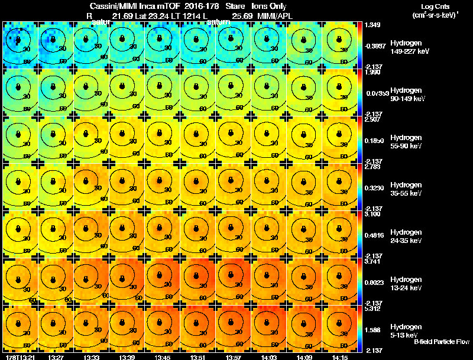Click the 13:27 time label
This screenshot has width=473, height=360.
point(56,357)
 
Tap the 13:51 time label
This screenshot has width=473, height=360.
point(197,357)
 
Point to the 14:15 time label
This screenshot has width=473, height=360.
point(339,357)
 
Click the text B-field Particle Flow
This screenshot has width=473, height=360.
point(440,342)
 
